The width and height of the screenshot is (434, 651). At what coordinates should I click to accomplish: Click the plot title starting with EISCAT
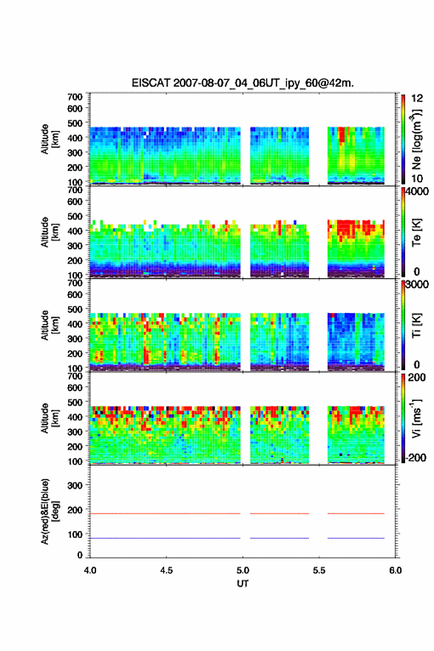click(x=243, y=83)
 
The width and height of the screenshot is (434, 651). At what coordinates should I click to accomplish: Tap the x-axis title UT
click(x=243, y=584)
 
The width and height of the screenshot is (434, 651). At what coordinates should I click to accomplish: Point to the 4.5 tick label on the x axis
click(x=166, y=570)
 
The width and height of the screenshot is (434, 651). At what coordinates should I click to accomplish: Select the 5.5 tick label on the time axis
click(x=319, y=570)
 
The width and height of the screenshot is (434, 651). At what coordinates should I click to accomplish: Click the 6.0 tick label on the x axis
click(x=395, y=570)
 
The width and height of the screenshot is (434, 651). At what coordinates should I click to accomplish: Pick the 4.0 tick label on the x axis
click(x=90, y=570)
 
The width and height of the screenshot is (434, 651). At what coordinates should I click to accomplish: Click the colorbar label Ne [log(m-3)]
click(x=416, y=139)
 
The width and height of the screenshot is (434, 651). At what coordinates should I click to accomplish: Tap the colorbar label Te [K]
click(x=416, y=232)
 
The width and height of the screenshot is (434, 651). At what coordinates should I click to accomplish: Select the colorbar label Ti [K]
click(x=416, y=325)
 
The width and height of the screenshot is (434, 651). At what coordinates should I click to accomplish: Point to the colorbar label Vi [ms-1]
click(x=416, y=418)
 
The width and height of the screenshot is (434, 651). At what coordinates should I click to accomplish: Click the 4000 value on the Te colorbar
click(x=417, y=192)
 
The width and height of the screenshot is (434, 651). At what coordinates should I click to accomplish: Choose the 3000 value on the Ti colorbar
click(x=417, y=284)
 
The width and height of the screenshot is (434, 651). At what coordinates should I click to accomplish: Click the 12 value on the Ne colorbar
click(x=417, y=98)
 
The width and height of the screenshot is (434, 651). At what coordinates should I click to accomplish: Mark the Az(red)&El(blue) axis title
click(x=50, y=511)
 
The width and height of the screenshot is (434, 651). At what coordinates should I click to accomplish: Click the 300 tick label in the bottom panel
click(x=75, y=485)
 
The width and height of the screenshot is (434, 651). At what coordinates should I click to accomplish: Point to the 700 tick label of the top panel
click(x=75, y=97)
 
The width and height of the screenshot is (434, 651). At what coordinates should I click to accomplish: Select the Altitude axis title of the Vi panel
click(x=50, y=418)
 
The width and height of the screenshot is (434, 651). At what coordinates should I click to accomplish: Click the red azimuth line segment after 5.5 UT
click(x=356, y=513)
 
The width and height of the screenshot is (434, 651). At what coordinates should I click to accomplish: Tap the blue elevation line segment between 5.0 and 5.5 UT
click(x=279, y=538)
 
